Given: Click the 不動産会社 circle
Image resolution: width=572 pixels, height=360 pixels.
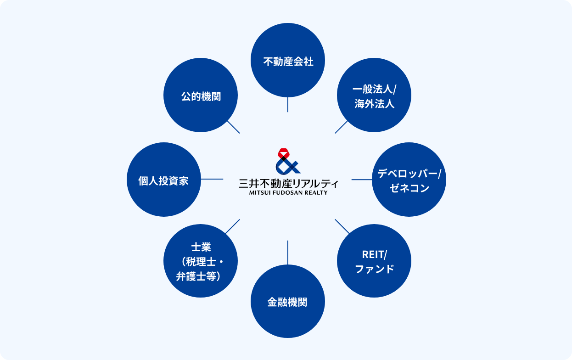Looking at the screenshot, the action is coord(288,60).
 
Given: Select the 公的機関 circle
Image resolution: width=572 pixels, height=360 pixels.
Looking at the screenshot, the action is coord(201,95).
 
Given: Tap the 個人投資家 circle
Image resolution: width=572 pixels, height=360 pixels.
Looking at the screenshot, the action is coord(164,180).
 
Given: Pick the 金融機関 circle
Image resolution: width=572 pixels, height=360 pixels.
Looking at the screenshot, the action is coord(288,301).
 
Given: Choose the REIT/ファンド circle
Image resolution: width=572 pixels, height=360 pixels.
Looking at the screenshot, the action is coord(374,261).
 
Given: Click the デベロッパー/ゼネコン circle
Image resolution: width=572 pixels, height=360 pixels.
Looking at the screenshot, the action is coord(409,180).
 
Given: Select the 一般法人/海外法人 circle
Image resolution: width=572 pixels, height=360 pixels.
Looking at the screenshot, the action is coord(374,95).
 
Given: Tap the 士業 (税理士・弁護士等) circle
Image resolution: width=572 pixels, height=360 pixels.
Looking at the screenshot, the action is coord(201,261).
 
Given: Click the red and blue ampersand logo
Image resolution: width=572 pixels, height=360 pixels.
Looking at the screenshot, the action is coord(288,161).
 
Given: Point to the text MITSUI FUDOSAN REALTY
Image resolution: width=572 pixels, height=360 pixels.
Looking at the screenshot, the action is coord(288,193).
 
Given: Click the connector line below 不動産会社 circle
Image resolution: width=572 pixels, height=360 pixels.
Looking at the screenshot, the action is coord(288,105).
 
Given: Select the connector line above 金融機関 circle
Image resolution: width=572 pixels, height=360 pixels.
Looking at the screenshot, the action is coord(288,253).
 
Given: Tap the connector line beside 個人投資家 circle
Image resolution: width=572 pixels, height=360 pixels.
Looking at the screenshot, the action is coord(212,179).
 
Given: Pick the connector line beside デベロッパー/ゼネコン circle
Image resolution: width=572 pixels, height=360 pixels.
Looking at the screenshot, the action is coord(362,180).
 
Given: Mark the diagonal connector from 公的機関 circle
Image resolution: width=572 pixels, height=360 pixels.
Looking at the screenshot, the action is coord(233,127).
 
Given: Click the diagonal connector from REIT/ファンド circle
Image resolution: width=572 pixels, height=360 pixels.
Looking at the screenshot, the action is coord(342,226).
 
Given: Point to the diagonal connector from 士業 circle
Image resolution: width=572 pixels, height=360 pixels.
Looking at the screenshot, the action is coord(232,226).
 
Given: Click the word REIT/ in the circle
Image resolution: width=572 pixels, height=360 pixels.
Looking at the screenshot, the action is coord(375,254).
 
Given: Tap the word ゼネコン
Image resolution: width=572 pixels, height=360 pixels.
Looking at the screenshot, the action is coord(409,188).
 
